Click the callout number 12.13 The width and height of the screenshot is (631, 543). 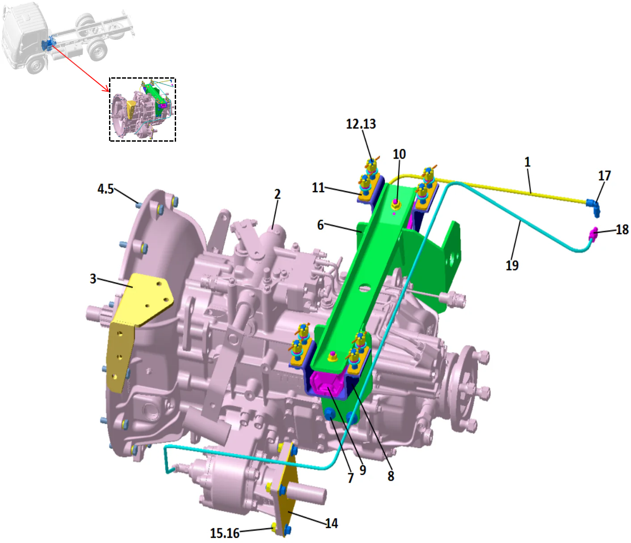[x=361, y=124]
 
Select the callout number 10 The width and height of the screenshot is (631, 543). [x=399, y=154]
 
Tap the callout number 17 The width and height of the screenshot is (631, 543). [x=604, y=176]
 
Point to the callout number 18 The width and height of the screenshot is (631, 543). [x=622, y=230]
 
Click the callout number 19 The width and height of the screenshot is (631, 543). [x=512, y=265]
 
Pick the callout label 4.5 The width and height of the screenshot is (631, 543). [x=105, y=189]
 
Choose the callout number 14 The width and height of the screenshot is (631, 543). [x=331, y=523]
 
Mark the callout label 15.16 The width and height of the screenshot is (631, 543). [x=225, y=533]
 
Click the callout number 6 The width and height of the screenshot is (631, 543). [x=320, y=225]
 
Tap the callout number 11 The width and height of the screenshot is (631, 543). [x=318, y=187]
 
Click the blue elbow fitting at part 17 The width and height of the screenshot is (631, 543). [x=594, y=206]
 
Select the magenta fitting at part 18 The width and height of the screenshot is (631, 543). [x=593, y=233]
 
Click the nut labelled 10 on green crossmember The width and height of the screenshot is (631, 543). [x=395, y=205]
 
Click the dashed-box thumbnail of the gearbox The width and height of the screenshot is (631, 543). [x=143, y=110]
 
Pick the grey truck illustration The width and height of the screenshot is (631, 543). [x=67, y=38]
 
